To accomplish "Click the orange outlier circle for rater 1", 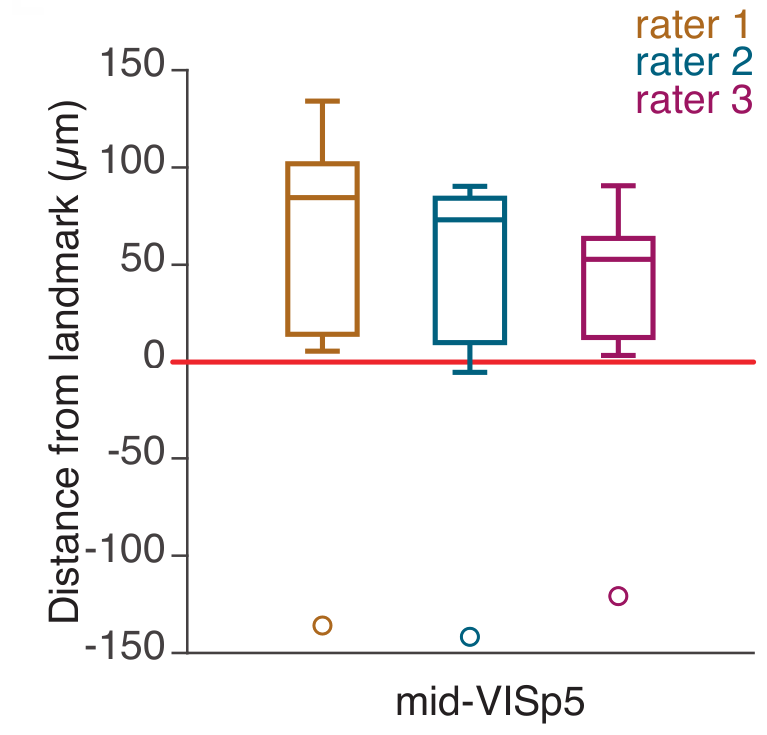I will point(322,626).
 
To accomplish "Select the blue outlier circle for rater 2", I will point(469,637).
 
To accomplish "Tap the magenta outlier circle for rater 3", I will point(618,596).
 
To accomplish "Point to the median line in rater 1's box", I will point(322,197).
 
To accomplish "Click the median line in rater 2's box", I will point(469,219).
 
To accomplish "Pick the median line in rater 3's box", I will point(618,259).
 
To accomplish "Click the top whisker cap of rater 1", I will point(322,101).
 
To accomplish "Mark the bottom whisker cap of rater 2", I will point(469,372).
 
